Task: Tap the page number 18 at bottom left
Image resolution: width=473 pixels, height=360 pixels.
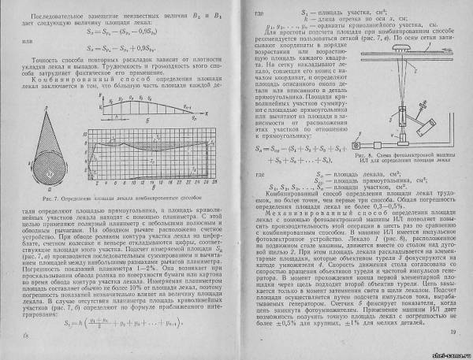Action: (17, 336)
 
